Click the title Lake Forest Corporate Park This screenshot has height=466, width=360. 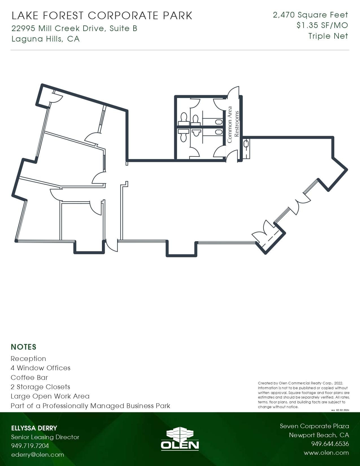(x=102, y=16)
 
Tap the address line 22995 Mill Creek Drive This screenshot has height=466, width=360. (x=74, y=28)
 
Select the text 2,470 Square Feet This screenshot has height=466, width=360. (x=310, y=15)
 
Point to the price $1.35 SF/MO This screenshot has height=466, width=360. (x=322, y=25)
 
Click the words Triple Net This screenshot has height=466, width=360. (x=328, y=36)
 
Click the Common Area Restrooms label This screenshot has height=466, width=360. (x=233, y=125)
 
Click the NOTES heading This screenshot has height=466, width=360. (x=23, y=347)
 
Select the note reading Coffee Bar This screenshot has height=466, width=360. (x=29, y=378)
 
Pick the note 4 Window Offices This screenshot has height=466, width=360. (x=40, y=368)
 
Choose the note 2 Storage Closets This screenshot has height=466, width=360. (x=40, y=387)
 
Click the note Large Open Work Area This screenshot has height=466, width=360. (x=50, y=396)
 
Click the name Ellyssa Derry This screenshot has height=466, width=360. (x=34, y=428)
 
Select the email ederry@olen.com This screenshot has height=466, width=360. (x=38, y=455)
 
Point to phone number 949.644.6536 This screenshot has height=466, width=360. (x=330, y=444)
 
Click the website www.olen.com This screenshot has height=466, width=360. (x=326, y=453)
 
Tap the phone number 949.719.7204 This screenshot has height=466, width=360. (x=30, y=446)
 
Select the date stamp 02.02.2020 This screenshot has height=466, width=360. (x=342, y=410)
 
